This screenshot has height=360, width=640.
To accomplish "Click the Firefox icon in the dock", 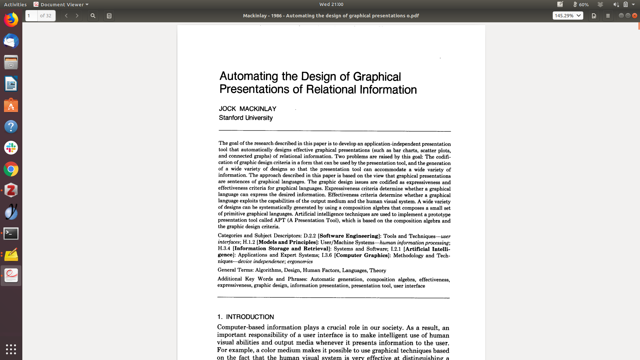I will (11, 20).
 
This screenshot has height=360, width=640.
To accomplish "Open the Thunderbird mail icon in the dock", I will (11, 41).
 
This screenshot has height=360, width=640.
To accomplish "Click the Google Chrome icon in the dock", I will (11, 169).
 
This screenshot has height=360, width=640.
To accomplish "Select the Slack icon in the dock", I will (11, 148).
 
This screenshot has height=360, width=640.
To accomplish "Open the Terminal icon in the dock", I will (11, 234).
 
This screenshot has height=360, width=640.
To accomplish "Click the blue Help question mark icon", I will (11, 127).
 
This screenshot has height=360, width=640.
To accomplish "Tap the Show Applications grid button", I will (11, 349).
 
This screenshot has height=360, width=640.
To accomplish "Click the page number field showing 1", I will (31, 16).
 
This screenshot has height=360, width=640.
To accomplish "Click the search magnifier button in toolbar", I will (93, 16).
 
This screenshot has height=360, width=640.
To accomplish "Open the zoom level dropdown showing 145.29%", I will (568, 16).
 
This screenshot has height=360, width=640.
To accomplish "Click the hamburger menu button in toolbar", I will (608, 16).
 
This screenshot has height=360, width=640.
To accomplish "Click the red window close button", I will (635, 16).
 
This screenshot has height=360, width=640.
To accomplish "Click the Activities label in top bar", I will (15, 4).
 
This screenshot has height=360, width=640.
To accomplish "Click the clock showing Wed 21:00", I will (331, 4).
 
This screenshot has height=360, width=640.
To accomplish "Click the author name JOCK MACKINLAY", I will (247, 109).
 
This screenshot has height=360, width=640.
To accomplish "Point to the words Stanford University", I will (246, 118).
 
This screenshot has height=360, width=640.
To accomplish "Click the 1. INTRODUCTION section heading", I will (246, 317).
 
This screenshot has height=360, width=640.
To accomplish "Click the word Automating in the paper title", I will (249, 76).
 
